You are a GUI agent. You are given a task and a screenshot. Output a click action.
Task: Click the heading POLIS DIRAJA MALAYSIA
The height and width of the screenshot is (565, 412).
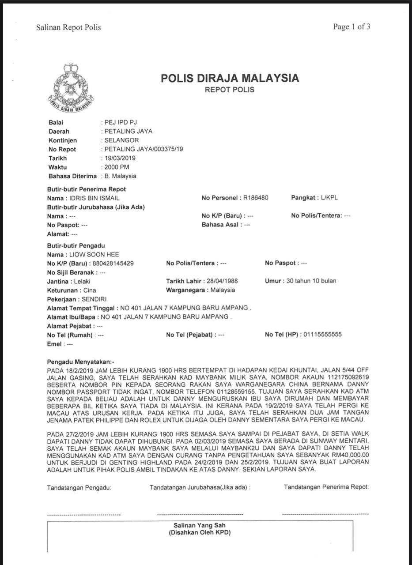click(230, 79)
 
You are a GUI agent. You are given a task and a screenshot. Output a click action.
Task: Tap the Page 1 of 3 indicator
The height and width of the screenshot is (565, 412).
click(352, 27)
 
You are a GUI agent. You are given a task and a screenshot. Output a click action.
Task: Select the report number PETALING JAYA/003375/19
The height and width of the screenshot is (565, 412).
click(144, 149)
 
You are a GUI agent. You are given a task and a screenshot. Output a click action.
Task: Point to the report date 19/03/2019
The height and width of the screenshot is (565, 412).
click(120, 158)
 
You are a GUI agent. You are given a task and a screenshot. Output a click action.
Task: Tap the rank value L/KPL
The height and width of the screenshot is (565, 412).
click(329, 198)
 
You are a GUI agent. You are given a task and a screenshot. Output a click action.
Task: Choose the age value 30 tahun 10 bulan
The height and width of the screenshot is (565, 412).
click(311, 281)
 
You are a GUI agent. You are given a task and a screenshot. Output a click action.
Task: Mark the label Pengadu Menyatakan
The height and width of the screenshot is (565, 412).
click(80, 362)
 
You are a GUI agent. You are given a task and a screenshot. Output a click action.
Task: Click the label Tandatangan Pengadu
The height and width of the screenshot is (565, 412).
click(79, 488)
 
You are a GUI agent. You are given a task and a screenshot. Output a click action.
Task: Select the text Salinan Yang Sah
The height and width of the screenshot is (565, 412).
click(200, 525)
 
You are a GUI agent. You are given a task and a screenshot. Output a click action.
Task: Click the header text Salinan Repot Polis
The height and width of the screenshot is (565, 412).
click(68, 27)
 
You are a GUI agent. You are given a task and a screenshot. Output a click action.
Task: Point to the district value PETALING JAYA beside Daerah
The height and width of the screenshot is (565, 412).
click(128, 131)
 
